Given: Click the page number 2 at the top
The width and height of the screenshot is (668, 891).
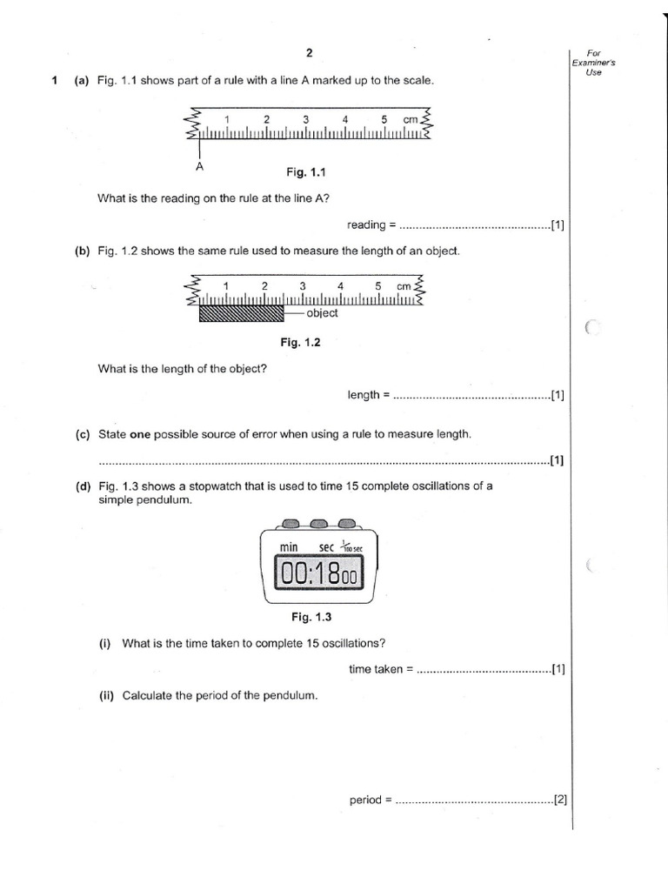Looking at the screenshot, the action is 309,53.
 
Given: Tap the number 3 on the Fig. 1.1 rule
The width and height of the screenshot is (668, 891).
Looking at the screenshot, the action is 306,119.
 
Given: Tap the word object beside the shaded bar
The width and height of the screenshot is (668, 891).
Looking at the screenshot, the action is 322,313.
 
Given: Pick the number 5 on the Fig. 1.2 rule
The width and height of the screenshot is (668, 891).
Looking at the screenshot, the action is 378,285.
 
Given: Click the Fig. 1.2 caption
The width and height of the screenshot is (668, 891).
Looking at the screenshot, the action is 301,342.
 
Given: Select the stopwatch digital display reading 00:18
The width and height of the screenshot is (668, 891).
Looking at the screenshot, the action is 317,573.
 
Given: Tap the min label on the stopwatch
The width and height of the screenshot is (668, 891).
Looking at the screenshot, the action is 289,546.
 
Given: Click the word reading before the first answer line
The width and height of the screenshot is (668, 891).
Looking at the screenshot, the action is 366,225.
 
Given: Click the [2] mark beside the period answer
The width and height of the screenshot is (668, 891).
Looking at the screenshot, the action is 560,799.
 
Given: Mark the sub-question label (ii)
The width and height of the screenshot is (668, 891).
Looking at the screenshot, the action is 107,695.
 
